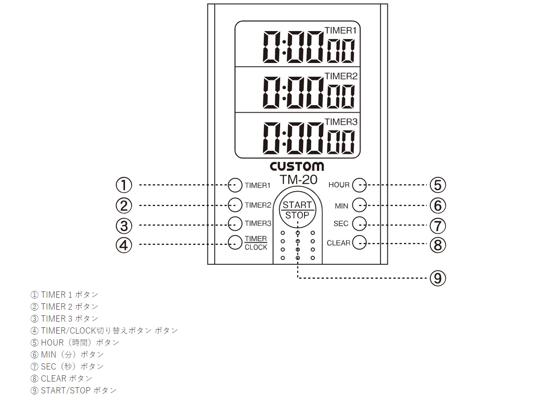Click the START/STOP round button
tap(297, 209)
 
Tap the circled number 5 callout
tap(438, 185)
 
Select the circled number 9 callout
tap(438, 278)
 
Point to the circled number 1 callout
tap(124, 185)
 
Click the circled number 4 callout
tap(124, 245)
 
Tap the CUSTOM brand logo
tap(297, 167)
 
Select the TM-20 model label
tap(299, 180)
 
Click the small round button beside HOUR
tap(360, 185)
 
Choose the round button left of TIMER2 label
tap(235, 205)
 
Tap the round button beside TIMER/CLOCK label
tap(235, 243)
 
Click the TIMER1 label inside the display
tap(341, 30)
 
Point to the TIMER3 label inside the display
tap(341, 122)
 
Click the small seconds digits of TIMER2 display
tap(341, 97)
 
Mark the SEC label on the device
tap(341, 224)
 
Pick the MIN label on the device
tap(341, 206)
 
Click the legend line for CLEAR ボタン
tap(61, 378)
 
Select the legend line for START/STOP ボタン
tap(73, 390)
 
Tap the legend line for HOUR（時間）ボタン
tap(75, 342)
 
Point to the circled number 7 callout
tap(438, 226)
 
